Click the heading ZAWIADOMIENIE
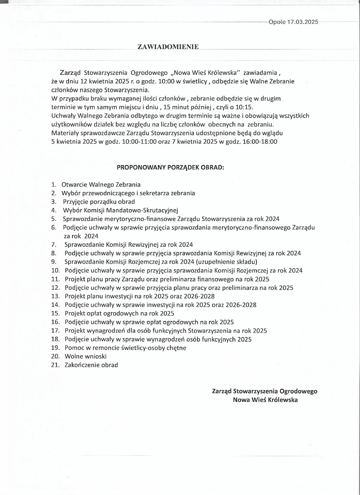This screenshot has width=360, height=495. coord(168,47)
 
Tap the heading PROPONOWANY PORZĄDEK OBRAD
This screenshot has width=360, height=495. coord(171,168)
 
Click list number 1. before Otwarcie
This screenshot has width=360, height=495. coord(54,184)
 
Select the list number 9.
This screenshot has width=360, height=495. coord(54,262)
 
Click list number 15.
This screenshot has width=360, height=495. coord(55,313)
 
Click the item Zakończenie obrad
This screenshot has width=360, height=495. coord(91,365)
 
